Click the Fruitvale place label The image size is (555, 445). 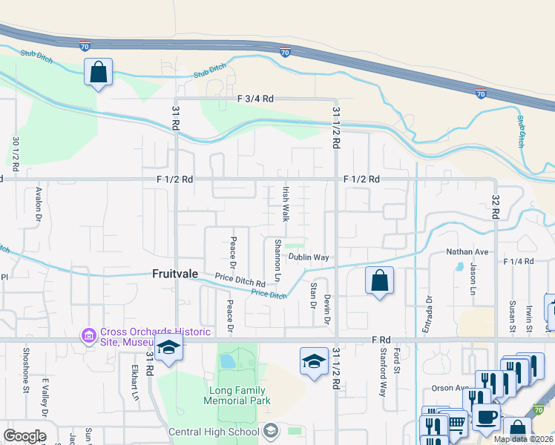tap(175, 274)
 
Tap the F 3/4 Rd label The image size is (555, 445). tap(256, 99)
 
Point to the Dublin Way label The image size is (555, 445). tap(309, 257)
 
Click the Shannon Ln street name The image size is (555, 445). tap(277, 259)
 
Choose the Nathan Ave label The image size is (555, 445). tap(466, 252)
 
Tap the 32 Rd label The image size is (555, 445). tap(495, 207)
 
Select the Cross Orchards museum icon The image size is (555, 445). tap(89, 336)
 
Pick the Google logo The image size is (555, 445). tap(24, 436)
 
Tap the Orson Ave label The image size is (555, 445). tap(450, 388)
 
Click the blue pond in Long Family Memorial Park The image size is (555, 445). tap(227, 361)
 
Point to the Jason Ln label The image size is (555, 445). tap(472, 281)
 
